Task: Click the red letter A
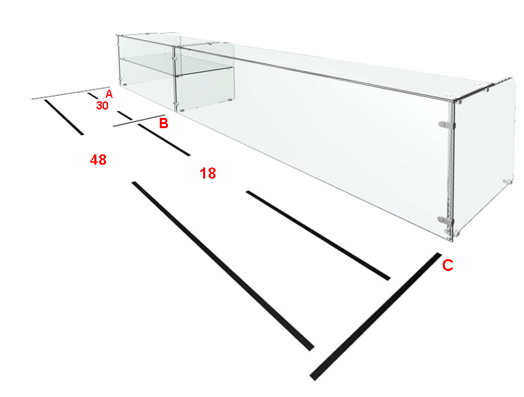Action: point(109,94)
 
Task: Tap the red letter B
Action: point(163,123)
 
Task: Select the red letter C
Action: point(448,265)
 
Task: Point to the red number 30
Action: point(103,105)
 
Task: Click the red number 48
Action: point(98,160)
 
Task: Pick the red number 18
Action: point(208,173)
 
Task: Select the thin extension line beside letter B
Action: point(139,121)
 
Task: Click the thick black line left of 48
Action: point(64,117)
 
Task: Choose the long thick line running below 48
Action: point(223,266)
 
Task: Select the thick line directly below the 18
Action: point(318,236)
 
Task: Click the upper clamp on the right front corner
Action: point(446,125)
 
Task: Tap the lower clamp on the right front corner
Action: point(446,220)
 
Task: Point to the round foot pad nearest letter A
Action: point(125,85)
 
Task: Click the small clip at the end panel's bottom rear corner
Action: point(507,181)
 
